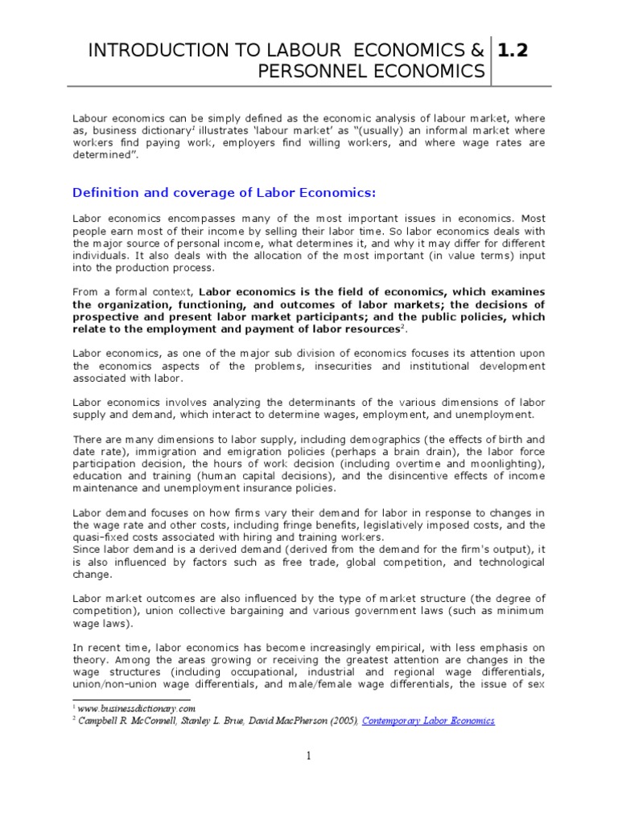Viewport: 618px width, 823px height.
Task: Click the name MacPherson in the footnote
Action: pos(297,721)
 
